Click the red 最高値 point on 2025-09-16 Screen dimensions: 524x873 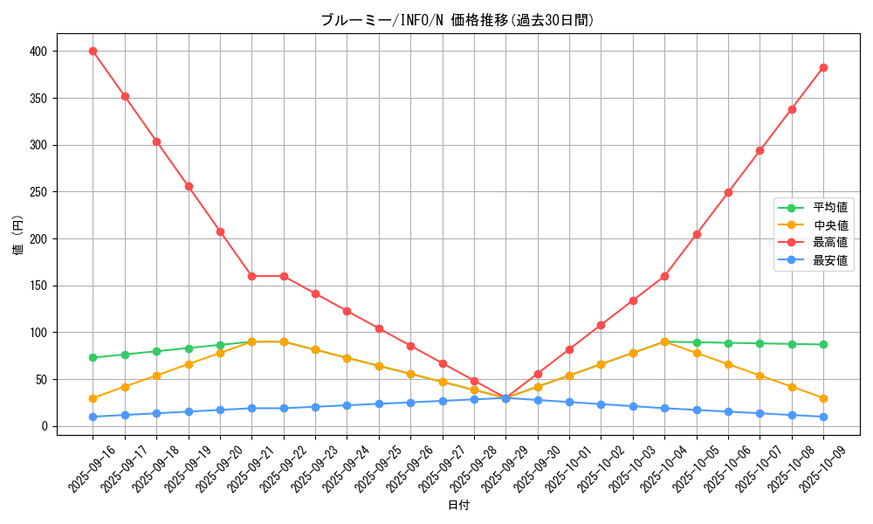[x=93, y=51]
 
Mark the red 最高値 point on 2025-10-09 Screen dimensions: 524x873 [x=823, y=67]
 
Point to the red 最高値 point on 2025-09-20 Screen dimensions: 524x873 [x=220, y=231]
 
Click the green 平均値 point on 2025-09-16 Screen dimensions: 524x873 [x=93, y=357]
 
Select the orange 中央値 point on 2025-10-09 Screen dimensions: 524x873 [x=823, y=398]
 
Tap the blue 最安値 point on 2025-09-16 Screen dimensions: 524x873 [x=93, y=417]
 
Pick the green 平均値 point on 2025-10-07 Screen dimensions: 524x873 [x=760, y=343]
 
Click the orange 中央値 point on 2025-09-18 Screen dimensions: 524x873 [x=156, y=376]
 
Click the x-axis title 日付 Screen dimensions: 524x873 [x=458, y=506]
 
